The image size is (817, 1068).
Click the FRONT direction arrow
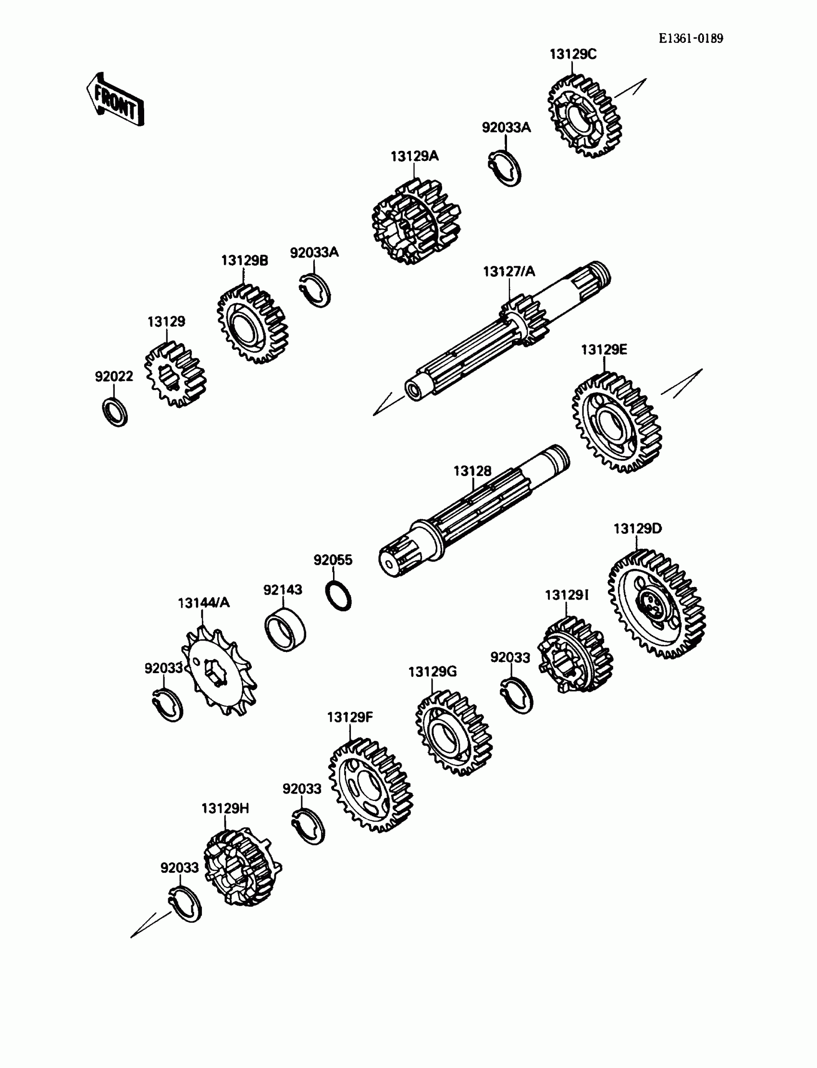click(115, 100)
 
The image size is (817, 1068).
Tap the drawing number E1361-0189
click(691, 38)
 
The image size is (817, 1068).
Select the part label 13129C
click(572, 54)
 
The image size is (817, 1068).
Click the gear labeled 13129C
click(584, 117)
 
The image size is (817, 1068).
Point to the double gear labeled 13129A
click(416, 221)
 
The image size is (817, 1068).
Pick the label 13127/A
click(508, 271)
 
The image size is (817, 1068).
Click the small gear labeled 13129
click(175, 374)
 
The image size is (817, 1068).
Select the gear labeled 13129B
click(252, 324)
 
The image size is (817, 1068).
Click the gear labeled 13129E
click(617, 422)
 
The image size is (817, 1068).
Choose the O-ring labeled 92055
click(338, 595)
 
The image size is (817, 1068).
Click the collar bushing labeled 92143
click(285, 629)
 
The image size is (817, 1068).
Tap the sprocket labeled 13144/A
click(219, 670)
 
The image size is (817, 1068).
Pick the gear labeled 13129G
click(453, 733)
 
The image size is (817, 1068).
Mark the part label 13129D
click(637, 528)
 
